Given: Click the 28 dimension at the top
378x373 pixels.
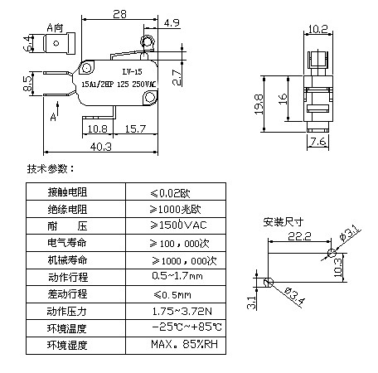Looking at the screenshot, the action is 119,14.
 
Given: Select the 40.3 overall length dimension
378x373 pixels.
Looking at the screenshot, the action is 101,147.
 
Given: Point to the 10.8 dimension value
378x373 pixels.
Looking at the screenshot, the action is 97,128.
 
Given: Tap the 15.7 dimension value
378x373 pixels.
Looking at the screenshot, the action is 135,128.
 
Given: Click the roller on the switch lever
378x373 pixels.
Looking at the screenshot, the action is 147,41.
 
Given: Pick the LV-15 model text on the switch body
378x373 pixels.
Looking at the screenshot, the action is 132,71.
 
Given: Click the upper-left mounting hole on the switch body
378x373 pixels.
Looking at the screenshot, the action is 87,68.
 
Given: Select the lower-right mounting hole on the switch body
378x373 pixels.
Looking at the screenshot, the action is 150,97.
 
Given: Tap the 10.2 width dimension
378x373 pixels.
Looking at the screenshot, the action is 318,29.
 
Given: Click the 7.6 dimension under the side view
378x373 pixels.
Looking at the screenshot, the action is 318,142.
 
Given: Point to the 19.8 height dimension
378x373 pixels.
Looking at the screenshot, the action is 259,104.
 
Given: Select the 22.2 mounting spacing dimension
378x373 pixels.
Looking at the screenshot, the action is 299,236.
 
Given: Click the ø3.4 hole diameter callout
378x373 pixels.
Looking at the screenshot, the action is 294,297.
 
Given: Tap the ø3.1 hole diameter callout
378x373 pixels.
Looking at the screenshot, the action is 350,234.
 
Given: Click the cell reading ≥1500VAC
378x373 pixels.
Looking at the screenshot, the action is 178,225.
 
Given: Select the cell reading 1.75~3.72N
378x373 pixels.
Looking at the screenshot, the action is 182,312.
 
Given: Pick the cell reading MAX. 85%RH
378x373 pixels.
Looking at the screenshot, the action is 184,344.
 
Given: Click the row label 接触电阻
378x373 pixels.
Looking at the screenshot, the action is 67,191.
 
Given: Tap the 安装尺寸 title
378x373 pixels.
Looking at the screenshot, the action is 283,221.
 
